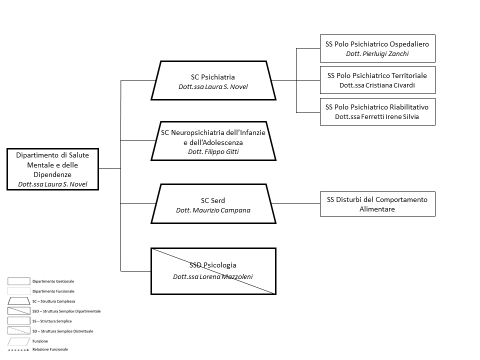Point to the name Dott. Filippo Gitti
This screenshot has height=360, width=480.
(213, 152)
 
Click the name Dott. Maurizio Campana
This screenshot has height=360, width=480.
(213, 210)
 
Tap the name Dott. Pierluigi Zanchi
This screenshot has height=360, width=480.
(377, 54)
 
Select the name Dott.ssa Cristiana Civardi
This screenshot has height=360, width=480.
(377, 85)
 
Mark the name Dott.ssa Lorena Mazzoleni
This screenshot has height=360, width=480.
(213, 276)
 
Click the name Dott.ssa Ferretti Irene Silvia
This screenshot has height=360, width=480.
(377, 117)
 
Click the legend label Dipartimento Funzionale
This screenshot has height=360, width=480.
(53, 291)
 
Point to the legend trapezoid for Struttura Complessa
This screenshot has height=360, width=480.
(18, 301)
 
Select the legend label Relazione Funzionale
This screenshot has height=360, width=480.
(50, 349)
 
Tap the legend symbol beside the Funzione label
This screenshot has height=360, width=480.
(18, 341)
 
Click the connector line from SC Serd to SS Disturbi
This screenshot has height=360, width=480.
(295, 203)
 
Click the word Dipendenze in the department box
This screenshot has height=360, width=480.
(52, 175)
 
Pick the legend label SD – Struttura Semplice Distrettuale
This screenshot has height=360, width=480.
(63, 331)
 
